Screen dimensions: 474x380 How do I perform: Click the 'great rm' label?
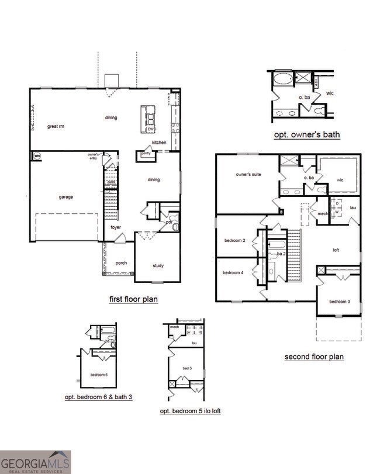[x=56, y=126]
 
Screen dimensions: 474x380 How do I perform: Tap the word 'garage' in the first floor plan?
[x=66, y=197]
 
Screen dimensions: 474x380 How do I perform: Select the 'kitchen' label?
[x=159, y=143]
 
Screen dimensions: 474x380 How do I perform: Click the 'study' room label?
[x=158, y=266]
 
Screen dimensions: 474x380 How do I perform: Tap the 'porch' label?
[x=122, y=262]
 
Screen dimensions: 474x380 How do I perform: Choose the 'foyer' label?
[x=116, y=227]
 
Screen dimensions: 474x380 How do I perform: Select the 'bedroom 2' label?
[x=234, y=240]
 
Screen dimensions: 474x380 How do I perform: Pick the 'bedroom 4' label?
[x=233, y=273]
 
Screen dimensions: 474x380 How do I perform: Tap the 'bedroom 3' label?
[x=338, y=302]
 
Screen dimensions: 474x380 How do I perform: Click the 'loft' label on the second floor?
[x=336, y=250]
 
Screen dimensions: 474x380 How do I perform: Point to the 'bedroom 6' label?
[x=99, y=374]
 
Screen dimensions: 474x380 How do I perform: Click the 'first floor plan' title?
[x=133, y=299]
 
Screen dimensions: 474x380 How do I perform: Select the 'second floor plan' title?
[x=314, y=357]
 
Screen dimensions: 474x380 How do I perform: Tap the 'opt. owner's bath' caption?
[x=307, y=135]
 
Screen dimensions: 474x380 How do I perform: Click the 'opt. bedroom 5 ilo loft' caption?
[x=190, y=411]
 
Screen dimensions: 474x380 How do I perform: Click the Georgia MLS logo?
[x=35, y=462]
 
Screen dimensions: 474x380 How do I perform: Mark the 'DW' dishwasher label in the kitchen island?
[x=150, y=129]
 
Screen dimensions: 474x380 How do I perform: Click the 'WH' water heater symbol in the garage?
[x=37, y=155]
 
